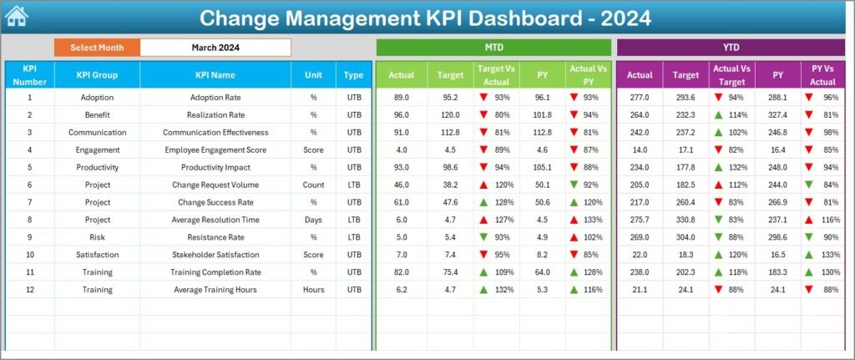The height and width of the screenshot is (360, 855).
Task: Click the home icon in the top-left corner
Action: pos(17,16)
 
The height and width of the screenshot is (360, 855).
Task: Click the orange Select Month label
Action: pos(97,48)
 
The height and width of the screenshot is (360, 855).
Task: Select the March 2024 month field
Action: pos(215,48)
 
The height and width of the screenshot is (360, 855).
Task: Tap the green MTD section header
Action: pos(493,48)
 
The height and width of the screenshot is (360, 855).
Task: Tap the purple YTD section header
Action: pos(731,48)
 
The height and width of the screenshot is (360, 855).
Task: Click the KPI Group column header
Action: pos(97,74)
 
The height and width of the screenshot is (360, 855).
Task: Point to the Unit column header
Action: pos(313,74)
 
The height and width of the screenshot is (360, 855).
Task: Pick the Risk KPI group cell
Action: pos(97,236)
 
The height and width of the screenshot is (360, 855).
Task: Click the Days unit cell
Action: pos(313,219)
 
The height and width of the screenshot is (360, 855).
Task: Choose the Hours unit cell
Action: pos(313,289)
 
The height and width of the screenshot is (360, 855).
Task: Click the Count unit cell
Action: pos(313,185)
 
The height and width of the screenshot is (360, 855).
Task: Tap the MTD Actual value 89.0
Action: pos(401,97)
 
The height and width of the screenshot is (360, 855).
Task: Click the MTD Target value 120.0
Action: pos(451,114)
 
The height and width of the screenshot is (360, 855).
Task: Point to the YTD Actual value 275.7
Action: pos(640,219)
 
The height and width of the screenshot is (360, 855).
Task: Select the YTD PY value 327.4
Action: pos(778,114)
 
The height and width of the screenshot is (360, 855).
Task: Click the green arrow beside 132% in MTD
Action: pos(483,289)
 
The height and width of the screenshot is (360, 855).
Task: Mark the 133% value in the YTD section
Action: pos(830,254)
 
